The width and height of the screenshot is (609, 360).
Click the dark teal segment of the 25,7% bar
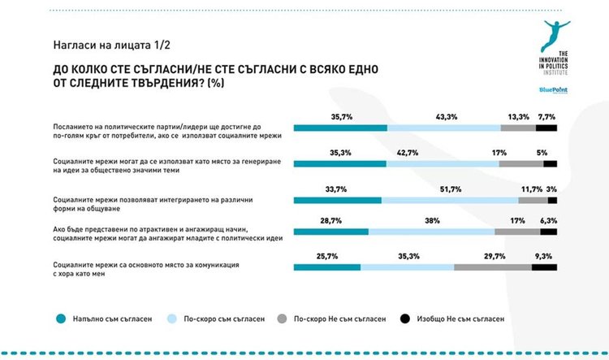click(326, 267)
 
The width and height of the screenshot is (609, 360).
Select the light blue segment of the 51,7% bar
click(449, 200)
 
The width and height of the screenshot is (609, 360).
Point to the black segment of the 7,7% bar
click(546, 128)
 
